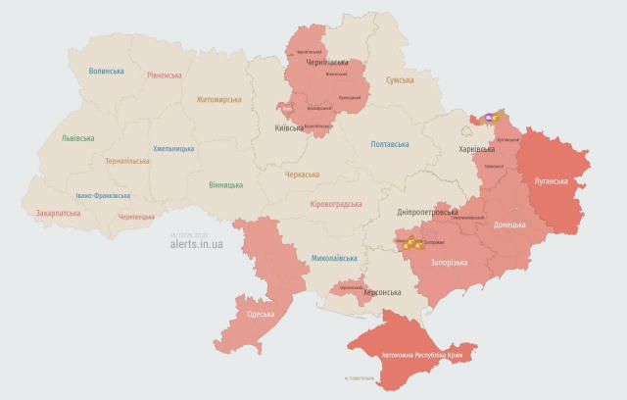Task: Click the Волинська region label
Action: click(x=106, y=72)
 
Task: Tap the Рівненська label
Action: click(x=165, y=75)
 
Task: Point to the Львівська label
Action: click(x=77, y=138)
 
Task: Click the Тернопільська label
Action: click(x=126, y=161)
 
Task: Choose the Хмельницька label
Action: click(x=173, y=149)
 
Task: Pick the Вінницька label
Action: click(x=225, y=184)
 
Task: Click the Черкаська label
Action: click(x=302, y=175)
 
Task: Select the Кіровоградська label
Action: click(x=336, y=204)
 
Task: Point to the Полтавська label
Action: click(x=390, y=144)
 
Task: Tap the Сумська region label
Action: click(x=400, y=80)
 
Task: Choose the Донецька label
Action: click(x=509, y=225)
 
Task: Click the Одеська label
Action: click(x=260, y=314)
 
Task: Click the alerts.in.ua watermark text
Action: click(x=197, y=244)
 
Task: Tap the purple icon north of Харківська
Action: click(x=476, y=118)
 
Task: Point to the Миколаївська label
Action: click(x=334, y=259)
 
